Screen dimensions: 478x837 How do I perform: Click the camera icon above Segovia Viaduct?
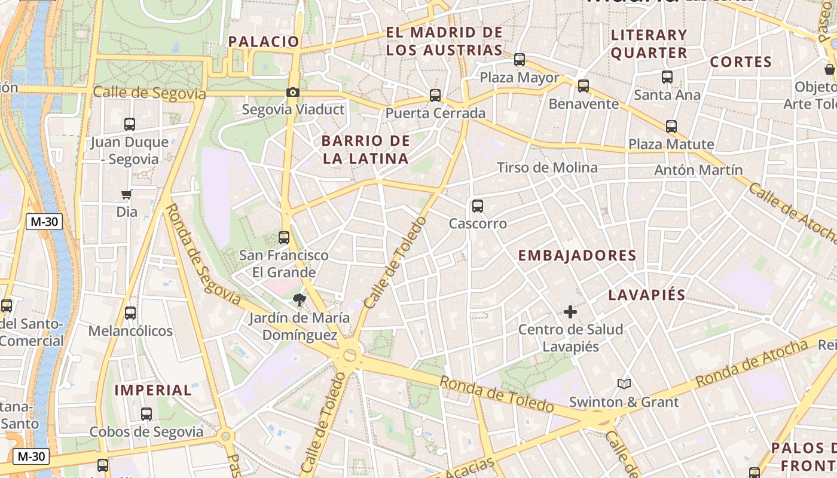(292, 92)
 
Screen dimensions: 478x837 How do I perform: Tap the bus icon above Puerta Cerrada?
(435, 95)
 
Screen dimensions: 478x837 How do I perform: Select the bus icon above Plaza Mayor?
(520, 60)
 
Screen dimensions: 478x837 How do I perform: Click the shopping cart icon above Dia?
(127, 194)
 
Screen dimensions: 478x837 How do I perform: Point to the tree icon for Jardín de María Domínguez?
(298, 299)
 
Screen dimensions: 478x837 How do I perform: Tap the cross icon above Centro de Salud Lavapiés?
(570, 311)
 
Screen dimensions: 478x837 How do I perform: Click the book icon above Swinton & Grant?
(624, 384)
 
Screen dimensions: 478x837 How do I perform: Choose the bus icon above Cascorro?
(478, 206)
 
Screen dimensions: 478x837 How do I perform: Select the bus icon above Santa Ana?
(667, 77)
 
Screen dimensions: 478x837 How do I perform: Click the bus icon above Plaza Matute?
(671, 127)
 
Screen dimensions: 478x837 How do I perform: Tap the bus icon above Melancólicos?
(130, 313)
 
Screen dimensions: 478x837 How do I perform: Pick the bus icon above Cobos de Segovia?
(146, 413)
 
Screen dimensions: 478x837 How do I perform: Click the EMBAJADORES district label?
(577, 256)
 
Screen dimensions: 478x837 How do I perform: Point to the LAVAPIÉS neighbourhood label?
(647, 295)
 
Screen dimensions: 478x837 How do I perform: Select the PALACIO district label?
(264, 42)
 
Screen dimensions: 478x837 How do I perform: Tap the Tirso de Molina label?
(547, 168)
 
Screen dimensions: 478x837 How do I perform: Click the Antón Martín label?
(698, 170)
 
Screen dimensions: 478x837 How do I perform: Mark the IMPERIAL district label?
(153, 391)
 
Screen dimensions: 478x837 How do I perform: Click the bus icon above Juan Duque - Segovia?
(130, 124)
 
